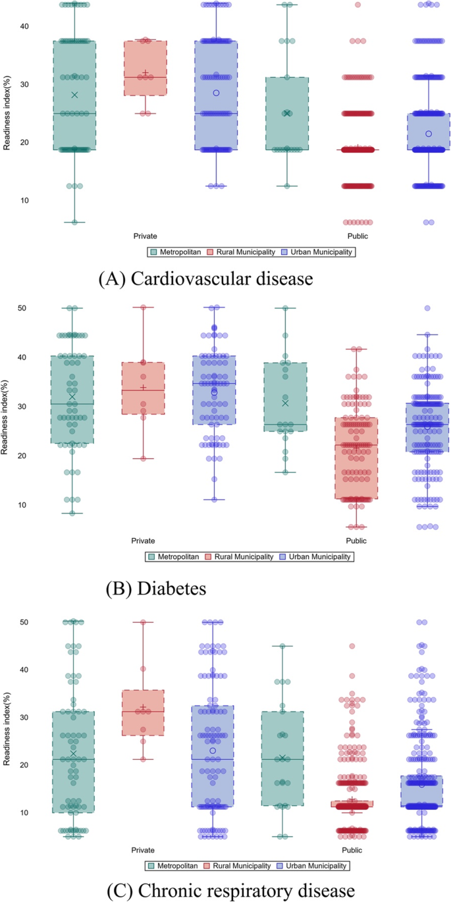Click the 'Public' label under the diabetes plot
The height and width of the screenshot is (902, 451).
[x=356, y=541]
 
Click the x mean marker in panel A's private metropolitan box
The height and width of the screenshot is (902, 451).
[x=74, y=95]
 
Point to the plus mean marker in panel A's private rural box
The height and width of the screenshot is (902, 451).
[x=146, y=72]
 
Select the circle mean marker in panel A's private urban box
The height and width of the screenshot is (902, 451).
[x=216, y=93]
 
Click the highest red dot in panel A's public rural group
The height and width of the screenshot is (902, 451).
[x=358, y=5]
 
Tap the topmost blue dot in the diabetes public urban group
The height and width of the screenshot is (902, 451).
[x=427, y=307]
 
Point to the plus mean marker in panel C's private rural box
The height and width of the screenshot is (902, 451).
[x=143, y=707]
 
